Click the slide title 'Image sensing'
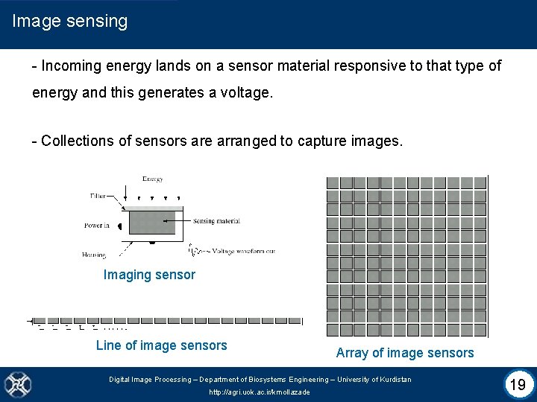[70, 21]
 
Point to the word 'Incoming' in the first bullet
[72, 66]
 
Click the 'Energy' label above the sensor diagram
[153, 179]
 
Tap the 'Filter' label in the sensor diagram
[98, 196]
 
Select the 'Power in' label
[97, 226]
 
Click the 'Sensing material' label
[216, 221]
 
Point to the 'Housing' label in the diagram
[94, 255]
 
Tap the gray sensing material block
[152, 222]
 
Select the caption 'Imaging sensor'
[149, 275]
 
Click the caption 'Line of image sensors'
[161, 345]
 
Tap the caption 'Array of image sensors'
[405, 353]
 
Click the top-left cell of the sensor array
[333, 182]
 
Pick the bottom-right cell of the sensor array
[480, 329]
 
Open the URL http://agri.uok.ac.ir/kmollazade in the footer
[260, 392]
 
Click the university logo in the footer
[16, 384]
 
